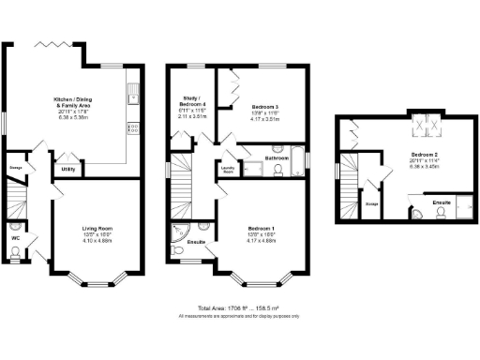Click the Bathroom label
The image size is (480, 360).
click(275, 157)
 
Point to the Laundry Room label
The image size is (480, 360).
click(228, 170)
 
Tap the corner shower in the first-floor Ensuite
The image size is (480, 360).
click(178, 231)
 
